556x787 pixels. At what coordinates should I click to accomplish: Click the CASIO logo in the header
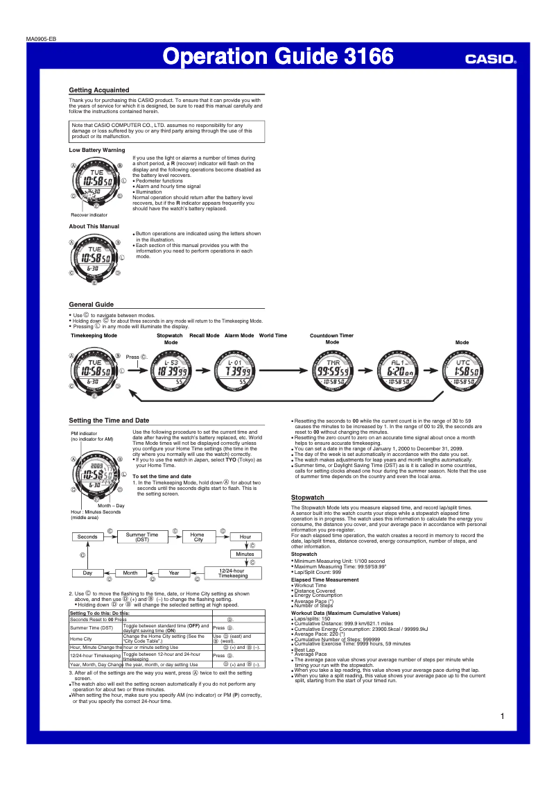click(x=490, y=60)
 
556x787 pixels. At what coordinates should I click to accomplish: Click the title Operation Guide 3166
click(x=277, y=56)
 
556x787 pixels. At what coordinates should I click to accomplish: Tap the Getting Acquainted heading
click(x=98, y=90)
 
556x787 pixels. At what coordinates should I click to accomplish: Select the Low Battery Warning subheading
click(x=96, y=150)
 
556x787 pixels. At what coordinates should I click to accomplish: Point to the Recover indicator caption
click(x=89, y=215)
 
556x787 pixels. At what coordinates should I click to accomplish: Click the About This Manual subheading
click(x=94, y=226)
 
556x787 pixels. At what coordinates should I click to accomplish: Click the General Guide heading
click(x=91, y=305)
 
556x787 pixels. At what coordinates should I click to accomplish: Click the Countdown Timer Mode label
click(x=331, y=339)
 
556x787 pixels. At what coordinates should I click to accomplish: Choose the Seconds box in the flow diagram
click(x=87, y=536)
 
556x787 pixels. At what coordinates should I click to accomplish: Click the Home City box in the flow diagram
click(x=198, y=536)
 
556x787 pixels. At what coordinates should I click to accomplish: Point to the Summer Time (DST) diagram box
click(x=142, y=536)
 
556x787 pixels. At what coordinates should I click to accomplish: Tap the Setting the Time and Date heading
click(x=109, y=421)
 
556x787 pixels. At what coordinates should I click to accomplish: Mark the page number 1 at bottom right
click(x=501, y=716)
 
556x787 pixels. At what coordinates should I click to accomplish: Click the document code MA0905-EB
click(x=42, y=39)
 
